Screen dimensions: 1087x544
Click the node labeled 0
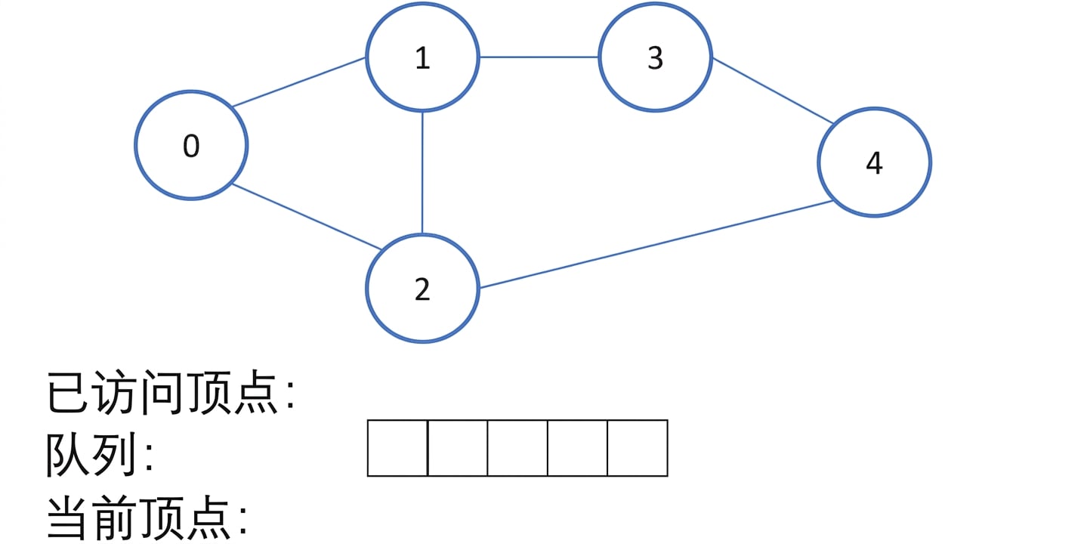[191, 144]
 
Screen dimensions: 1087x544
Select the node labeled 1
[422, 57]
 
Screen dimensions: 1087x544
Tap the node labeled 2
[422, 289]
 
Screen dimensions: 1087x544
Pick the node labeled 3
[655, 57]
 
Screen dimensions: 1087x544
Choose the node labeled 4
[875, 162]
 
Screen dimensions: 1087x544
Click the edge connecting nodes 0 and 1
[299, 82]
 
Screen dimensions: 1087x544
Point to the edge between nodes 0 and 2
[307, 216]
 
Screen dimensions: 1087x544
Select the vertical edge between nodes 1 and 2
[422, 173]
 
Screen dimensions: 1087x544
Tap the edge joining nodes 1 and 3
[539, 57]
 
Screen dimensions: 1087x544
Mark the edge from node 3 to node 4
[773, 91]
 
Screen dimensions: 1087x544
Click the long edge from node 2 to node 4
[656, 245]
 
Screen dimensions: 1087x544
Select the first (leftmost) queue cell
[397, 448]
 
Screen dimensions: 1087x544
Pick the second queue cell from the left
[458, 448]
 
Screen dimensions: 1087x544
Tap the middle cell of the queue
[517, 448]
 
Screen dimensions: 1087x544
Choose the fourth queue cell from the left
[577, 448]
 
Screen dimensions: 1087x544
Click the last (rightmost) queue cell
[638, 448]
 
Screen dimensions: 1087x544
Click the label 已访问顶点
[162, 392]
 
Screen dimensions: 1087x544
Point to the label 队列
[91, 455]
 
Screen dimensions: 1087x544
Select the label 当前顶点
[139, 518]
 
